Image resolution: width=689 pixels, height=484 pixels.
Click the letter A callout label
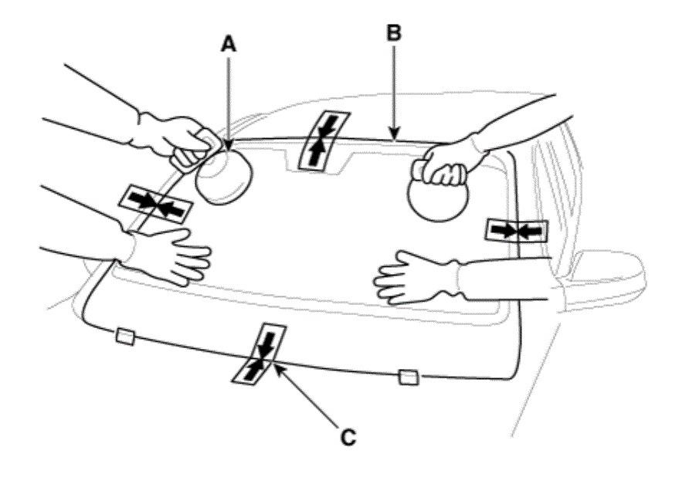(228, 44)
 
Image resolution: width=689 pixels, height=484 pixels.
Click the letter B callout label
(394, 33)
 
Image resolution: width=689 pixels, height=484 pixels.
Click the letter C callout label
(348, 437)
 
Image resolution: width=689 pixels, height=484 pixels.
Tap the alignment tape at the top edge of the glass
(324, 140)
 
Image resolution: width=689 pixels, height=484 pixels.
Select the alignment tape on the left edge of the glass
(156, 205)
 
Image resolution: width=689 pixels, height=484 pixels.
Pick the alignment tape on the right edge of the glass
(517, 231)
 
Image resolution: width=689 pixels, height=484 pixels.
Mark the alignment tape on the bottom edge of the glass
(260, 354)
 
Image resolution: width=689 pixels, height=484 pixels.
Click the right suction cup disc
(438, 197)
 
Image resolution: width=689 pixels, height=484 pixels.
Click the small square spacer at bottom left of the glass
(125, 337)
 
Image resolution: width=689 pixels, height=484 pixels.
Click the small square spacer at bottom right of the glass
(409, 377)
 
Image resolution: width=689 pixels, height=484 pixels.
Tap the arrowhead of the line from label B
(394, 134)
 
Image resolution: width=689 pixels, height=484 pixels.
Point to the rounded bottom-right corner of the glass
(515, 374)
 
